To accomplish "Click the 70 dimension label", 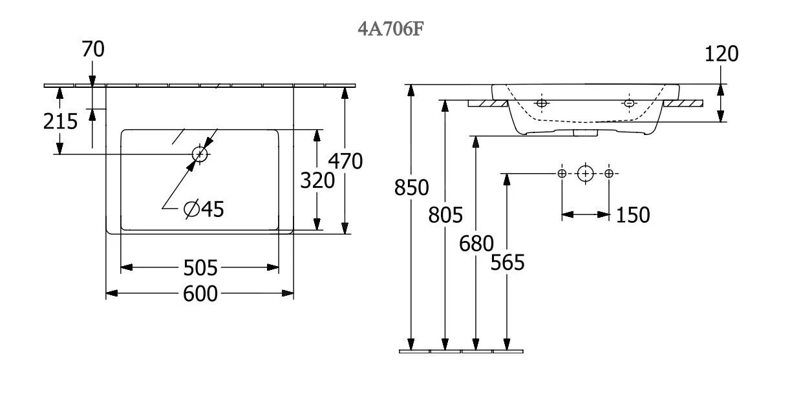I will click(x=93, y=49).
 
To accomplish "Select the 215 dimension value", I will click(x=61, y=121).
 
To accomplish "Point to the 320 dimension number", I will click(x=317, y=181).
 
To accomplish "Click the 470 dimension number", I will click(x=345, y=161).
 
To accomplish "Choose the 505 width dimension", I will click(x=200, y=267).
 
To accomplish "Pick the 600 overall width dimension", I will click(x=200, y=294).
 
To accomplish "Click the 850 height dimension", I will click(x=412, y=188).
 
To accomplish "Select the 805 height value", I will click(x=445, y=214).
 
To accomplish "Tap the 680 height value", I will click(x=476, y=244).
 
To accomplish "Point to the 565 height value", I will click(x=507, y=263).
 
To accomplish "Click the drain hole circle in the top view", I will click(x=200, y=154).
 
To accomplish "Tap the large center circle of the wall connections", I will click(x=585, y=173).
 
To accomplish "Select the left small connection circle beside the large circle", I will click(x=562, y=173).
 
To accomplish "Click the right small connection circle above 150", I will click(x=609, y=173).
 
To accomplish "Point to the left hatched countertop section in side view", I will click(x=487, y=103).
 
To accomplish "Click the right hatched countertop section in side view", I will click(x=683, y=103).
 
